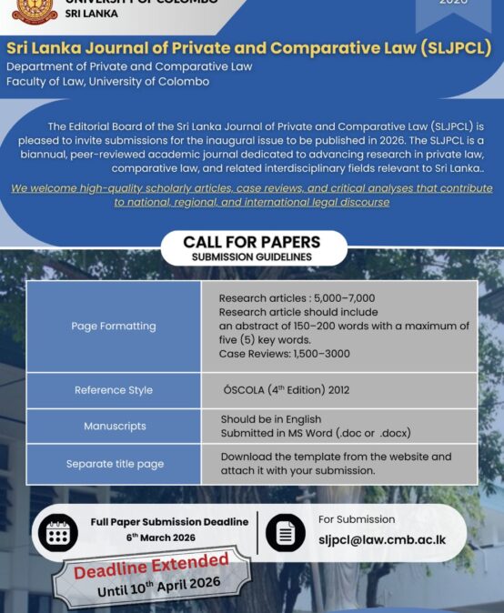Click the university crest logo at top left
(x=35, y=9)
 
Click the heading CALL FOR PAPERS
(x=252, y=242)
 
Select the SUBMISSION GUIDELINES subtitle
(x=252, y=256)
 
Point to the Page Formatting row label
(x=114, y=326)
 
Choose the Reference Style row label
(x=114, y=390)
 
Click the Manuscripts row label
(x=115, y=426)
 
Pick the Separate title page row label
(x=115, y=464)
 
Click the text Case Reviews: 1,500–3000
(x=284, y=354)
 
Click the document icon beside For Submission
(x=286, y=533)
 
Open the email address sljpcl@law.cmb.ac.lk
(x=382, y=540)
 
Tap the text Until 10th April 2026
(x=159, y=586)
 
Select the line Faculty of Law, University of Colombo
(x=107, y=81)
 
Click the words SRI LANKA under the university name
(x=91, y=14)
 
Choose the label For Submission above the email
(x=357, y=519)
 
